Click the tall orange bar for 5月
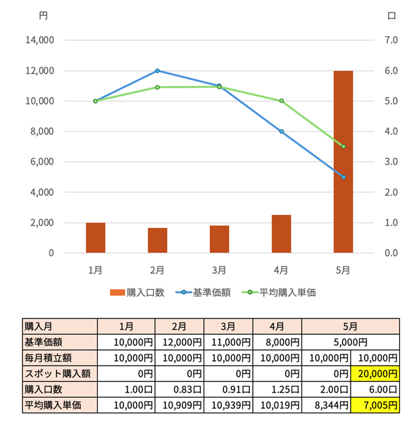click(343, 162)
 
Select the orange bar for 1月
click(95, 238)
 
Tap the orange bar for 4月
click(281, 234)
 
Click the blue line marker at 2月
click(158, 71)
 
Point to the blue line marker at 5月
click(343, 177)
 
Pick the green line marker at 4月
click(281, 101)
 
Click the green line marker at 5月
click(343, 146)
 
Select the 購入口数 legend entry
click(137, 292)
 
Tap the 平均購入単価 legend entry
click(278, 292)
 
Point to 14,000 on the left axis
click(41, 40)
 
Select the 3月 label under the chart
click(219, 269)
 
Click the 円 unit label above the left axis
click(43, 16)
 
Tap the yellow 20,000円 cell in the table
click(376, 374)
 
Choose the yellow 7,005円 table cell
click(376, 404)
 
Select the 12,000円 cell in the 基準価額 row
click(179, 342)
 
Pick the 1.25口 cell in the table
click(277, 389)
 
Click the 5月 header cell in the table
click(351, 326)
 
